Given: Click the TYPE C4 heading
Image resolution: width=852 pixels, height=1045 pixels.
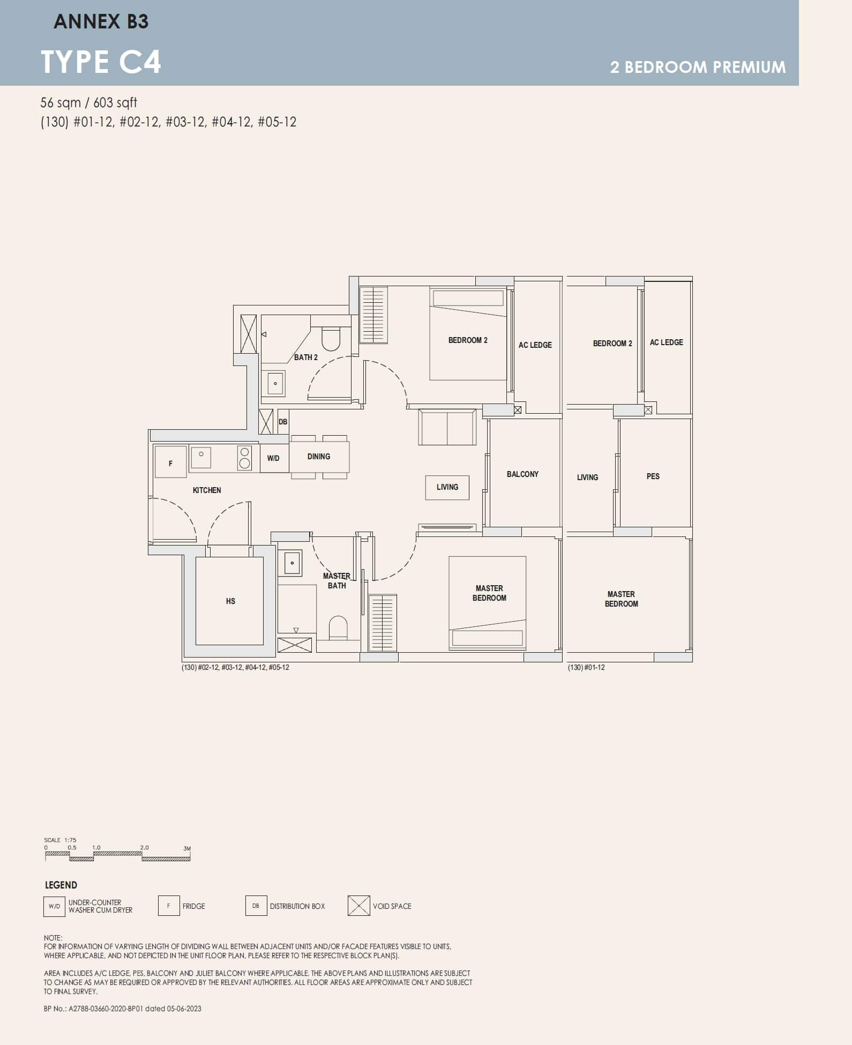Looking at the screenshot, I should pos(101,62).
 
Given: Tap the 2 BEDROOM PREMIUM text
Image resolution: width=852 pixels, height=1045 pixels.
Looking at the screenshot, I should pos(698,67).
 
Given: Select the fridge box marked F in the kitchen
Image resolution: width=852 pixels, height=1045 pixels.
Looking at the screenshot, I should pos(170,462).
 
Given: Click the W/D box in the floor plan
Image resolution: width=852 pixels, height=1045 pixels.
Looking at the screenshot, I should pos(273,458).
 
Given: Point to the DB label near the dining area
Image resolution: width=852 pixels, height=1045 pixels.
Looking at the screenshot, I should pos(283,422).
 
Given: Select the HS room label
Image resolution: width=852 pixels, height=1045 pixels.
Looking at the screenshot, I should pos(230,601).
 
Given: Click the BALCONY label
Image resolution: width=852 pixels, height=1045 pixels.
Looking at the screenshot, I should pos(522,474).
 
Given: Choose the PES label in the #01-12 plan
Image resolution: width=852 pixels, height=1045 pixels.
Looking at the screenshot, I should pos(653,476).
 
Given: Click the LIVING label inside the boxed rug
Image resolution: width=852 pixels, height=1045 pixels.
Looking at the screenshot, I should pos(447,487).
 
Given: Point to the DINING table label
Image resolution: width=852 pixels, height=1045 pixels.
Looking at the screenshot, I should pos(319,457).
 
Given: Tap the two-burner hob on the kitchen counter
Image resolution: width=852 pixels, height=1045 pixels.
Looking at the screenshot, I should pos(244,458).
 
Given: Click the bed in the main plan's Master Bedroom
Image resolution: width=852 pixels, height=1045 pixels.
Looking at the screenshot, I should pos(487,603).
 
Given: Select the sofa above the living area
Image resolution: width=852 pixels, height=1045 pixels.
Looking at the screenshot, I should pos(447,427).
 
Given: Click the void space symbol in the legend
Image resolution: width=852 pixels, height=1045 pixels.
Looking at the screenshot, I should pos(358,906).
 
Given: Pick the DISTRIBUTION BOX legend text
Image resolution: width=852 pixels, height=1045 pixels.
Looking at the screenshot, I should pos(297,906).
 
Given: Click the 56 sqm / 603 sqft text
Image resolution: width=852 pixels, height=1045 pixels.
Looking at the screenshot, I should pos(89,102).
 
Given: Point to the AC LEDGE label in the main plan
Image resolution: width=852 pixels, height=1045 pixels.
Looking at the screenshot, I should pos(535,345).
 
